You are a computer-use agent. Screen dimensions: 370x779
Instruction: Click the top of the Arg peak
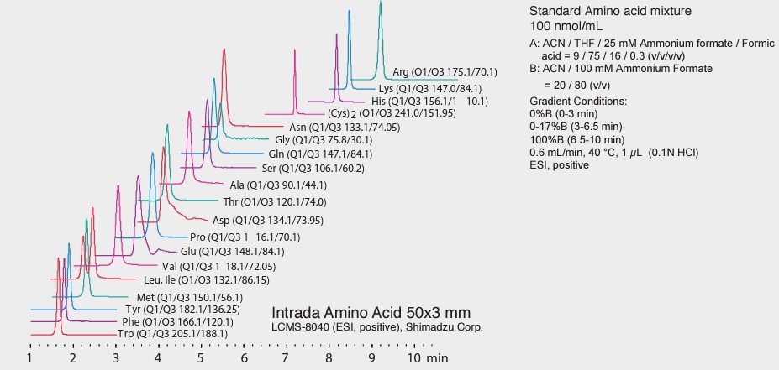pyautogui.click(x=381, y=3)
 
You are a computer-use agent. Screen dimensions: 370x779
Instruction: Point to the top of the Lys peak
pyautogui.click(x=350, y=13)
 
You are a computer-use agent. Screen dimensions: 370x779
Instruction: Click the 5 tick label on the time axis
pyautogui.click(x=201, y=358)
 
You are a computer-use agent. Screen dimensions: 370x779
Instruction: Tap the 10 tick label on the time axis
pyautogui.click(x=413, y=358)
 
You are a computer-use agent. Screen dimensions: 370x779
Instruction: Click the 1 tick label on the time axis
pyautogui.click(x=30, y=358)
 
